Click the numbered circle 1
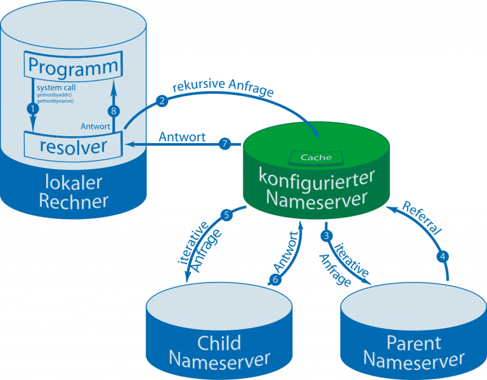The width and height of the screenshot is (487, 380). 30,109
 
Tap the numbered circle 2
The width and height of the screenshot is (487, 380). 162,101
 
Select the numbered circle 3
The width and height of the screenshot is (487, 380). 327,236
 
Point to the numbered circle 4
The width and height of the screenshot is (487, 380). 443,257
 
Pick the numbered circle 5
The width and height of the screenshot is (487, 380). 228,215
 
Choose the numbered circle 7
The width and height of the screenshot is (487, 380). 224,144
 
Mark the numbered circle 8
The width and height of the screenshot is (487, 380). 114,111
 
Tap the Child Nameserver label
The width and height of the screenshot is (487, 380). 219,351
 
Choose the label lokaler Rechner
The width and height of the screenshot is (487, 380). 74,192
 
